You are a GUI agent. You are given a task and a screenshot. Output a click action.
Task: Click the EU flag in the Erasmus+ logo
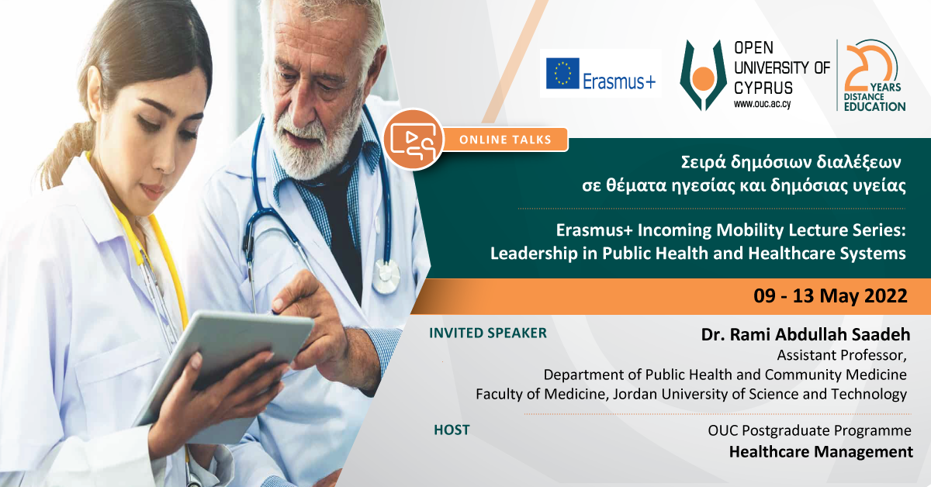562,74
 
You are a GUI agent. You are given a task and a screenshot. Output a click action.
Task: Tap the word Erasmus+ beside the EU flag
619,81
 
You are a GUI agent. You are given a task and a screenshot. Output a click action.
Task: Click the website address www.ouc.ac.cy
762,104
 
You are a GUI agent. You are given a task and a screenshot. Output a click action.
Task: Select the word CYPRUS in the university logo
763,88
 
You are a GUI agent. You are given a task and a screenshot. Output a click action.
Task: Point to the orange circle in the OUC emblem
703,78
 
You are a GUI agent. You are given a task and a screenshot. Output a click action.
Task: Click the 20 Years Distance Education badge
873,76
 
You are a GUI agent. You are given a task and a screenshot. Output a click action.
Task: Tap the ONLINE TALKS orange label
505,140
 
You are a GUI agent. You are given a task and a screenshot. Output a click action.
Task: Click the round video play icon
414,140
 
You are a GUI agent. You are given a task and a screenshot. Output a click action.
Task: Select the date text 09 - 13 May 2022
830,296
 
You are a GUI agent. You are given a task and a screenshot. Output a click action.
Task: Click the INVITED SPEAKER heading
487,333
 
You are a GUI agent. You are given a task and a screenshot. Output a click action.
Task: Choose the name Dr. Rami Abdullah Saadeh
805,334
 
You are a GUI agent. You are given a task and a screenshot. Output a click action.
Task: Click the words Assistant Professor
841,355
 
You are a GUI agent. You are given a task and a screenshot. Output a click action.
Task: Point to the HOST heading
452,430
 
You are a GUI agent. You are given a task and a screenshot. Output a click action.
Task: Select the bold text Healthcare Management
821,451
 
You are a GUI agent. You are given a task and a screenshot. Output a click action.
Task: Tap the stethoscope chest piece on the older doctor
386,276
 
